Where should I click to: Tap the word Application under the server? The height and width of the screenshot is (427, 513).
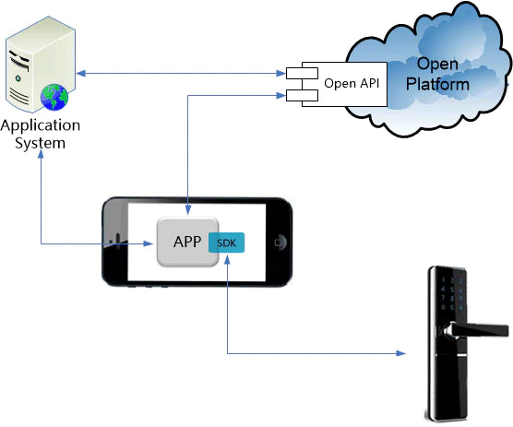[40, 125]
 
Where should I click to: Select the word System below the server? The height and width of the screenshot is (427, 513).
[40, 143]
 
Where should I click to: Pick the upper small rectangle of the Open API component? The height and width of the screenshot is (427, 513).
[300, 72]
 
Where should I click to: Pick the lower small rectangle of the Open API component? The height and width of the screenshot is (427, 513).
[300, 94]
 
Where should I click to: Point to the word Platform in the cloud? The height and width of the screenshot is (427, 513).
[438, 84]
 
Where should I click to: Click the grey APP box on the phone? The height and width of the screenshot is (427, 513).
[188, 243]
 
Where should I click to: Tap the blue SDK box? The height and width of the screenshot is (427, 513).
[227, 243]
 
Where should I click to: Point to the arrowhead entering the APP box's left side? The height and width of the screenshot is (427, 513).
[150, 243]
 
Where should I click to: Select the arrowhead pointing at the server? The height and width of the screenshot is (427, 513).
[82, 72]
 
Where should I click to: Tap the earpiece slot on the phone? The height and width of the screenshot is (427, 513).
[115, 243]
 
